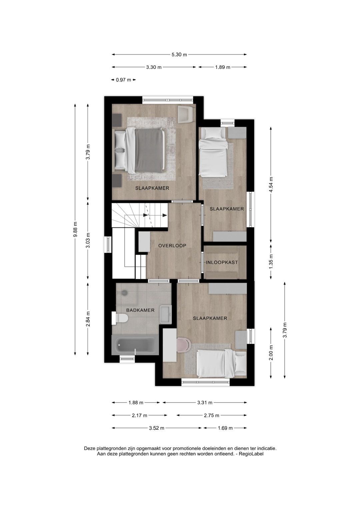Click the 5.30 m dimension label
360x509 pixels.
coord(179,55)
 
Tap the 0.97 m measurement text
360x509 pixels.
coord(123,80)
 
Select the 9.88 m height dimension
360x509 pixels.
coord(75,229)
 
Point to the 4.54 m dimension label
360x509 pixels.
coord(271,185)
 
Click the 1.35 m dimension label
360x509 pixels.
coord(271,262)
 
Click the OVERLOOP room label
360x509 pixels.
coord(172,245)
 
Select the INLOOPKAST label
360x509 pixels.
coord(222,262)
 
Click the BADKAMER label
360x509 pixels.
coord(140,310)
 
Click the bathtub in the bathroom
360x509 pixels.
coord(135,345)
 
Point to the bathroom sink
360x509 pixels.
coord(166,314)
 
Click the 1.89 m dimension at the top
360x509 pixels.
coord(223,67)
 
